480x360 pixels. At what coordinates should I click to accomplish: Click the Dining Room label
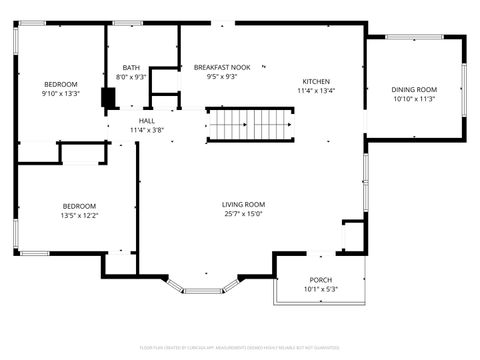[x=414, y=89]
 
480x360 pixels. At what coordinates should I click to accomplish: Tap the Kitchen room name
[x=316, y=81]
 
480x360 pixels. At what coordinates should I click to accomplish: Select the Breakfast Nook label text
[x=215, y=66]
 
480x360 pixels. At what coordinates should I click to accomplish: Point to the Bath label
[x=130, y=66]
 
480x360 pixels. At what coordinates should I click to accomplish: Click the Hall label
[x=146, y=120]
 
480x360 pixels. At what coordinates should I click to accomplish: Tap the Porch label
[x=320, y=280]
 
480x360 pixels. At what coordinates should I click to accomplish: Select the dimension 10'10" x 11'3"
[x=414, y=99]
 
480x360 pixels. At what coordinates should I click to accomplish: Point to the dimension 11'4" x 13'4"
[x=316, y=91]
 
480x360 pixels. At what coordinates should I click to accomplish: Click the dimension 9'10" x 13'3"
[x=59, y=94]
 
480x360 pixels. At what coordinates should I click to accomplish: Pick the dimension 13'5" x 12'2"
[x=79, y=214]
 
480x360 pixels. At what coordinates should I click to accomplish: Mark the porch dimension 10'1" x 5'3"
[x=320, y=290]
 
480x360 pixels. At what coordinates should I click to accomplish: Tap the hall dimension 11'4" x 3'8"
[x=146, y=130]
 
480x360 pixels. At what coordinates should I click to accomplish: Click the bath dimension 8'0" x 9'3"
[x=131, y=76]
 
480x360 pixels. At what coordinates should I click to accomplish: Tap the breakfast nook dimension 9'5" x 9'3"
[x=215, y=76]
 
